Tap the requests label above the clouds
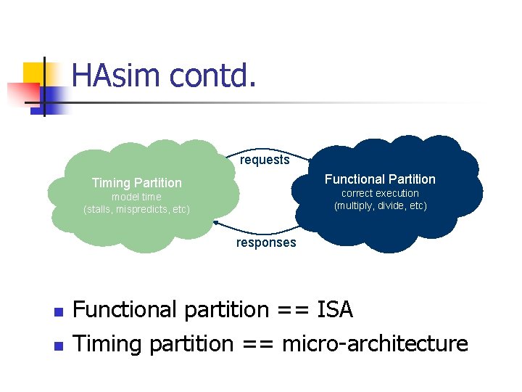click(x=265, y=160)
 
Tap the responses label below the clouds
click(x=266, y=242)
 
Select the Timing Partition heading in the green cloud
click(x=136, y=183)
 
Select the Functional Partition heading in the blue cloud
click(x=380, y=179)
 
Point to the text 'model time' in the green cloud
click(x=136, y=197)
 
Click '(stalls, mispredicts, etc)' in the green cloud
click(x=136, y=209)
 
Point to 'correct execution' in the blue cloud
click(x=380, y=193)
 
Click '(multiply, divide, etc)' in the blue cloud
click(x=380, y=205)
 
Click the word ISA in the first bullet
click(x=334, y=310)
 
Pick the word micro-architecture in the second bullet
click(x=375, y=343)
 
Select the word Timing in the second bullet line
click(x=109, y=343)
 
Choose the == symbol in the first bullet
click(x=293, y=311)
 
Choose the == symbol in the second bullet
click(x=257, y=343)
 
